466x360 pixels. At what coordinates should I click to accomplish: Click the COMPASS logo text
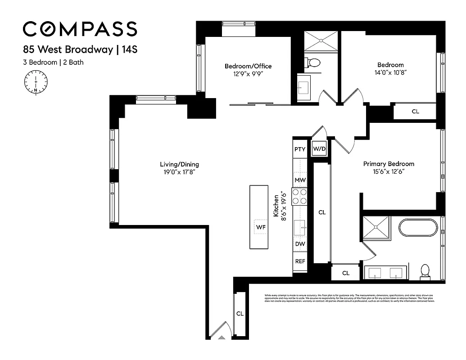pyautogui.click(x=80, y=29)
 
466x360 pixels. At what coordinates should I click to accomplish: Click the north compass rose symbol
pyautogui.click(x=36, y=84)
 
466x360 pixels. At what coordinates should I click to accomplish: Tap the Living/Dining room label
pyautogui.click(x=180, y=164)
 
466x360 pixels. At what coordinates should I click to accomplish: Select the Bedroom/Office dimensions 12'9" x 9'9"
pyautogui.click(x=248, y=74)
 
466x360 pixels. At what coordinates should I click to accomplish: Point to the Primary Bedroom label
pyautogui.click(x=389, y=164)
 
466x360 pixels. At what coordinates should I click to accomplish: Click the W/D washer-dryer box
pyautogui.click(x=319, y=148)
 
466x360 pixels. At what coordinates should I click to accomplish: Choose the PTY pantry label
pyautogui.click(x=300, y=149)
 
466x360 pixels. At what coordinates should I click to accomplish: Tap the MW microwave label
pyautogui.click(x=300, y=180)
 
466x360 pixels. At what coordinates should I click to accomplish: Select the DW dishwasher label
pyautogui.click(x=300, y=244)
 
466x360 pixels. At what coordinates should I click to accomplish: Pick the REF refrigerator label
pyautogui.click(x=300, y=261)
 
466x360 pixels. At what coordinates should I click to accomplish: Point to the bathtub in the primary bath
pyautogui.click(x=418, y=229)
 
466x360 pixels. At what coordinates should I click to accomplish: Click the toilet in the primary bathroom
pyautogui.click(x=425, y=270)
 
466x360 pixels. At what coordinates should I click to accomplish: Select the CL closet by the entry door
pyautogui.click(x=240, y=314)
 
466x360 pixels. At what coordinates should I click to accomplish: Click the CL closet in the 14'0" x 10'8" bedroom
pyautogui.click(x=415, y=111)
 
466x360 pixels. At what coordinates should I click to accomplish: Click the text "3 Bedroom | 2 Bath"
pyautogui.click(x=53, y=63)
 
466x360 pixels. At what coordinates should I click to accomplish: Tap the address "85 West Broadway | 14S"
pyautogui.click(x=80, y=49)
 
